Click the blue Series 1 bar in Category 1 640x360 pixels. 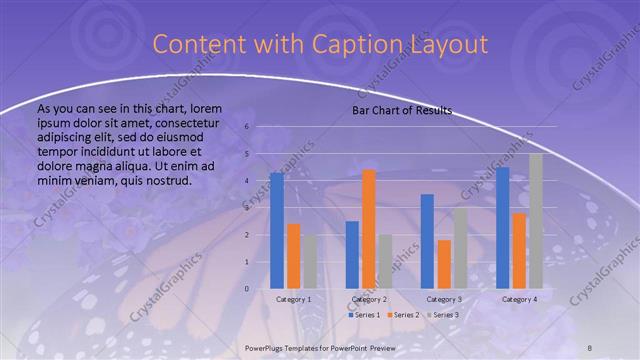coord(277,231)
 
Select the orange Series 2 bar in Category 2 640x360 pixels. coord(368,229)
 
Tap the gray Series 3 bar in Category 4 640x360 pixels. coord(536,221)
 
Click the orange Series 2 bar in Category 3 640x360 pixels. coord(444,264)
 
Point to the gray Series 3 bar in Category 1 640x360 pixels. coord(309,262)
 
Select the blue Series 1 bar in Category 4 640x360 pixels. coord(503,228)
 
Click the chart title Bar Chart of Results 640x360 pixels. coord(402,110)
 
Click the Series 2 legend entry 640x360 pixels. coord(402,315)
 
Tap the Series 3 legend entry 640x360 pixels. coord(443,315)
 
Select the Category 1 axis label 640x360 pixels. coord(293,299)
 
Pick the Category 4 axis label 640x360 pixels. coord(519,299)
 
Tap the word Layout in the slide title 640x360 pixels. coord(448,45)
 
